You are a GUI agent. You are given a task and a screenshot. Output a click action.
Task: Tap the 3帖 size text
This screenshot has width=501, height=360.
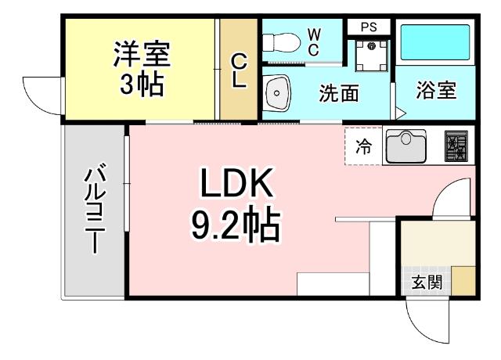tap(142, 83)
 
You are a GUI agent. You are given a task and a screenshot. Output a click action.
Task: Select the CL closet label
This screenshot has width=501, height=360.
tap(240, 69)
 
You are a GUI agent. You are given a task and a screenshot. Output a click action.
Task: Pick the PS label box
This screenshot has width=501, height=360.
tap(368, 27)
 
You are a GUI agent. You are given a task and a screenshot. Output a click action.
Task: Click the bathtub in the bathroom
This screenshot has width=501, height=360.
tap(433, 43)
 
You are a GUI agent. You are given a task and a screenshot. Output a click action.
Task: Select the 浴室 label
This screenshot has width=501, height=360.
tap(435, 90)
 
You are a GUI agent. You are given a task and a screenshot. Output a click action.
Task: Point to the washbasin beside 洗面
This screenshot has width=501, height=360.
tap(277, 93)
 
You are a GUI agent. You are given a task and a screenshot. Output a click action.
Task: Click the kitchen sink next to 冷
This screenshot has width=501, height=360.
tap(404, 146)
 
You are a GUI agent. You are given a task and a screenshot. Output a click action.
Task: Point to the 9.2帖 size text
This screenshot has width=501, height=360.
tap(235, 225)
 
